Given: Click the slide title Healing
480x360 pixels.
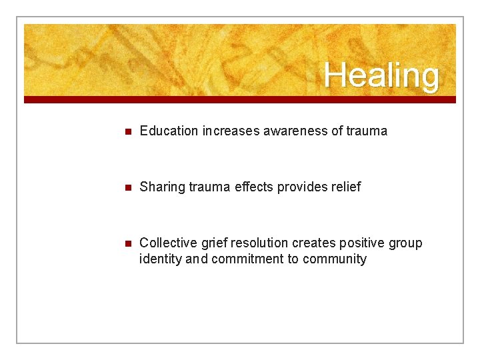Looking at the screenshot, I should click(381, 75).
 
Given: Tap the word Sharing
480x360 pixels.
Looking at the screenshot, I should click(162, 187).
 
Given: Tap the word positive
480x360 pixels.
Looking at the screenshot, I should click(361, 243).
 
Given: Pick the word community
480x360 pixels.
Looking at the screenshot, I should click(335, 259).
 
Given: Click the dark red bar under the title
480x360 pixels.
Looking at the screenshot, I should click(240, 99).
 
